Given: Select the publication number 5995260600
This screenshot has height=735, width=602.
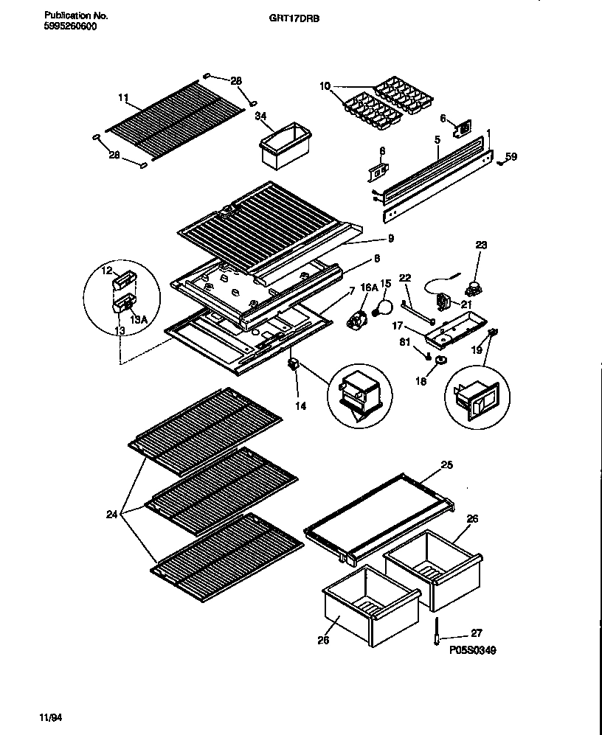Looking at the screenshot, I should [70, 26].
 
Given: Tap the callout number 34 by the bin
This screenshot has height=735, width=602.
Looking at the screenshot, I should [260, 116].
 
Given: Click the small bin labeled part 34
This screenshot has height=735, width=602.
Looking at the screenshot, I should [283, 143].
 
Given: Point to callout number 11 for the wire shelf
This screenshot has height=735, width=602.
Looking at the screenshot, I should [122, 97].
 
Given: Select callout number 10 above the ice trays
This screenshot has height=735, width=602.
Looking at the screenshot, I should [325, 87].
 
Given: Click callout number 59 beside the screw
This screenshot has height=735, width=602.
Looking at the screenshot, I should [512, 156].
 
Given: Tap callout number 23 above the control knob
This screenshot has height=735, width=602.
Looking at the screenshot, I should [481, 244].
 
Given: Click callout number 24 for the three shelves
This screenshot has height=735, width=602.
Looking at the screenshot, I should [111, 514].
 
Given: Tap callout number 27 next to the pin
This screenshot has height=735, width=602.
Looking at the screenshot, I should [477, 633].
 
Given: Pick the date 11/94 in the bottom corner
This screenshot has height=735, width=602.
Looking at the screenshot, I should [46, 716].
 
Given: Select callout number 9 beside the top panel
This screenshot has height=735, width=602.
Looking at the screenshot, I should [390, 238].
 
